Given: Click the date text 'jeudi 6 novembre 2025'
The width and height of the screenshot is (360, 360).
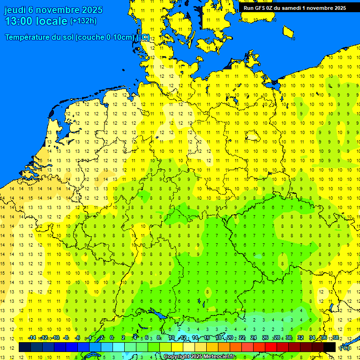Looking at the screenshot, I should coord(49,10).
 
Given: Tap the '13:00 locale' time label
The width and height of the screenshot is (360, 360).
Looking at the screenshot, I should coord(36,21).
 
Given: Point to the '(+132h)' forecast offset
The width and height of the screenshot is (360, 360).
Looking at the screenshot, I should coord(83,21).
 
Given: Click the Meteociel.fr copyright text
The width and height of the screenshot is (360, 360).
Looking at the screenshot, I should coord(200,357).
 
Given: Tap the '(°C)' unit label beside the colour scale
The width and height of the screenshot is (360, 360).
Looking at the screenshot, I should coord(344,348).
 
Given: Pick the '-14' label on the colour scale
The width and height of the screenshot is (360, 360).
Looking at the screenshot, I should coord(32,338).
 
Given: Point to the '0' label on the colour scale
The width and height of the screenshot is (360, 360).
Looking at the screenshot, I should coord(112,338).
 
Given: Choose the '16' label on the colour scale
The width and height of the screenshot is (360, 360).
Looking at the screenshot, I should coord(207,338).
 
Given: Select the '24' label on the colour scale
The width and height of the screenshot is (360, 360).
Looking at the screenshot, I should coord(254,338).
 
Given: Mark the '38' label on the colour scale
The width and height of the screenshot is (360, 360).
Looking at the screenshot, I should coord(335,338).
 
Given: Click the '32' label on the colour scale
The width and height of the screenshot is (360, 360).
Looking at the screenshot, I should coord(300,338).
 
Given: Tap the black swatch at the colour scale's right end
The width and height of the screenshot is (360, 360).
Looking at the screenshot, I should coord(330,347).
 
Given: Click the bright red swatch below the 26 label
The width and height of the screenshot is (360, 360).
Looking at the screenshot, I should coord(271,347).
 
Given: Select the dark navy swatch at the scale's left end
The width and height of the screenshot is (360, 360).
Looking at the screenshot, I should coord(25,347).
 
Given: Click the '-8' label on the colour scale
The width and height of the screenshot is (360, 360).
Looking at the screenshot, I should coord(66,338).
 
